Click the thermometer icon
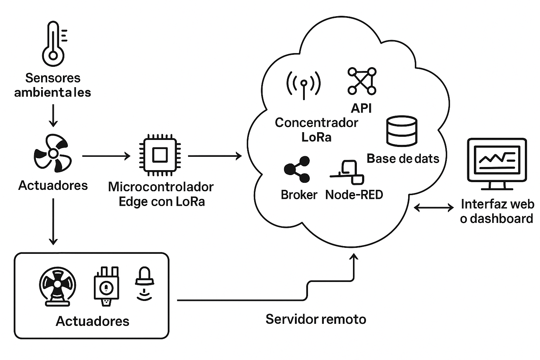pyautogui.click(x=53, y=44)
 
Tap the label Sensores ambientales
pyautogui.click(x=52, y=85)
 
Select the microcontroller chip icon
pyautogui.click(x=160, y=155)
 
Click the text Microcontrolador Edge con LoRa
pyautogui.click(x=161, y=194)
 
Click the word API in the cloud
pyautogui.click(x=361, y=108)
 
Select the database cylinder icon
pyautogui.click(x=401, y=131)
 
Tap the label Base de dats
pyautogui.click(x=403, y=159)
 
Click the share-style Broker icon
pyautogui.click(x=297, y=169)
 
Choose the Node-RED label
pyautogui.click(x=354, y=195)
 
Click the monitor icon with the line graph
pyautogui.click(x=497, y=164)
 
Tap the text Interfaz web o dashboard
pyautogui.click(x=497, y=212)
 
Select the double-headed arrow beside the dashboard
pyautogui.click(x=434, y=207)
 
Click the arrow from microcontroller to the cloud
pyautogui.click(x=215, y=156)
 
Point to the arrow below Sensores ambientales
pyautogui.click(x=53, y=116)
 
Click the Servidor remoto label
pyautogui.click(x=316, y=319)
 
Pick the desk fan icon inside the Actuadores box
pyautogui.click(x=57, y=287)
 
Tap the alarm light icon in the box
pyautogui.click(x=144, y=284)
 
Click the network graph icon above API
pyautogui.click(x=362, y=81)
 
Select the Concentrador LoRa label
pyautogui.click(x=316, y=130)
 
